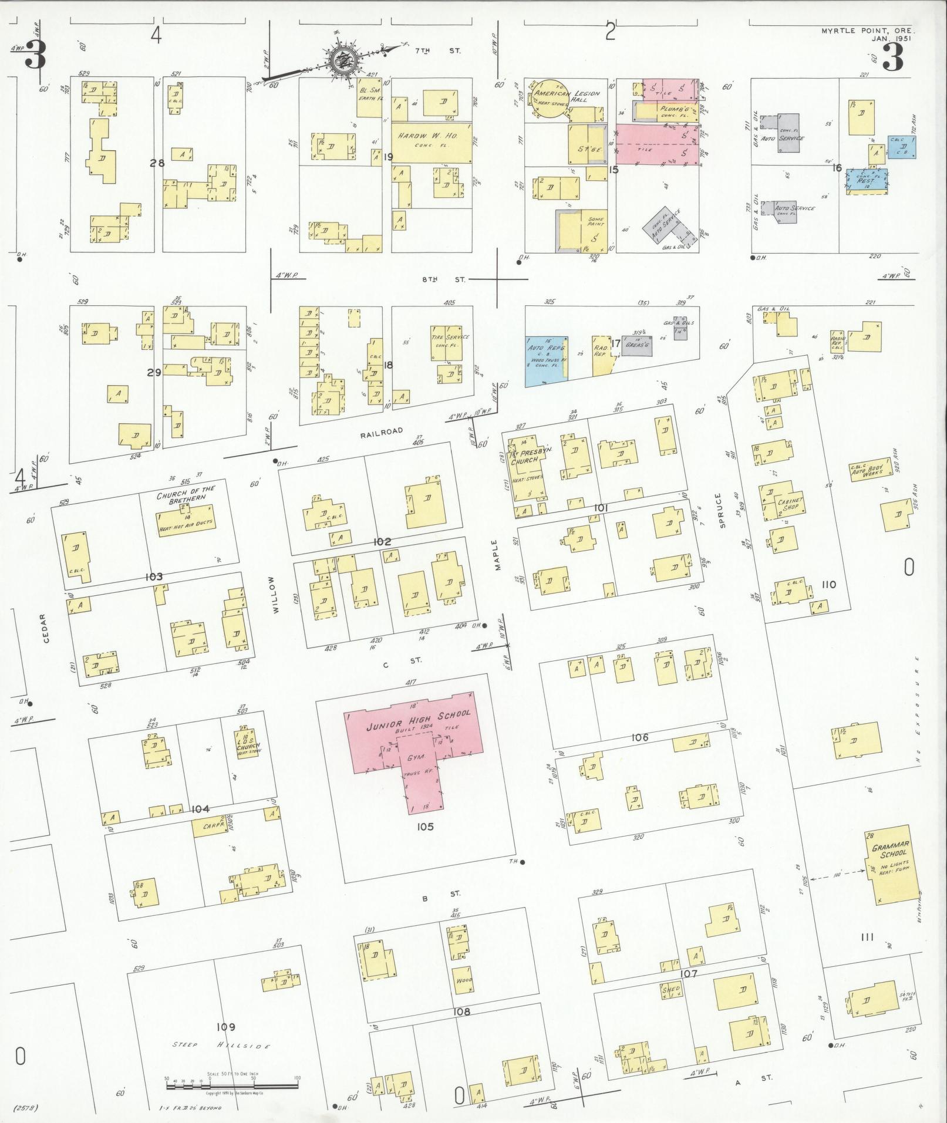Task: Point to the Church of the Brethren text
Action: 186,493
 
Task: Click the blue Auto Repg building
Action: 546,360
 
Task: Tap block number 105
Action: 425,827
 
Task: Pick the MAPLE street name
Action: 496,555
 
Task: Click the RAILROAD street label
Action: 382,431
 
